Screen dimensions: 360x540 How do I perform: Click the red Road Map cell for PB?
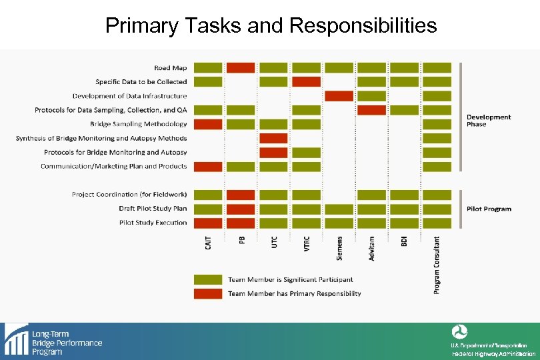click(x=241, y=67)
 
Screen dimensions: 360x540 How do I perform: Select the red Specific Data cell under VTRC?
click(x=306, y=81)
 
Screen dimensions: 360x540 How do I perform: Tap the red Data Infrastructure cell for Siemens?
click(x=339, y=96)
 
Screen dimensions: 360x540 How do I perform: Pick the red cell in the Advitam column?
click(x=371, y=110)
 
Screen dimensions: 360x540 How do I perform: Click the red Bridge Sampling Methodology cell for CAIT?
click(x=208, y=124)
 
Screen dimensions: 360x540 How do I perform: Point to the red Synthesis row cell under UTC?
click(x=273, y=138)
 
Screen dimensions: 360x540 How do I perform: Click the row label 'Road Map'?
click(x=170, y=67)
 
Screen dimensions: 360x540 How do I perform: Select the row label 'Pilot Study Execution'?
click(x=153, y=223)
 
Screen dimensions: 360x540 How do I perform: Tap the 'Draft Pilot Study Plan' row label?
click(x=153, y=209)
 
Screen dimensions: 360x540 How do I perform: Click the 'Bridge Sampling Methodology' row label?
click(x=138, y=124)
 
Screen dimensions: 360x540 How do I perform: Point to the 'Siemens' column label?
click(x=339, y=248)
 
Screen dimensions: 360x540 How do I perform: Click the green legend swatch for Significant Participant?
click(x=208, y=279)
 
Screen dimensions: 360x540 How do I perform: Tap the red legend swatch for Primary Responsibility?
click(x=208, y=293)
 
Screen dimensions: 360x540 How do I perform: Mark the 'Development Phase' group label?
click(x=489, y=121)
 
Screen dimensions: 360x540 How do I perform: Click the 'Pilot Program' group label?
click(x=489, y=209)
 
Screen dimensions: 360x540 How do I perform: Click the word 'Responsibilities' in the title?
click(x=363, y=25)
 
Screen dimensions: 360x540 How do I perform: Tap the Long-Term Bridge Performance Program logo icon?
click(x=15, y=339)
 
